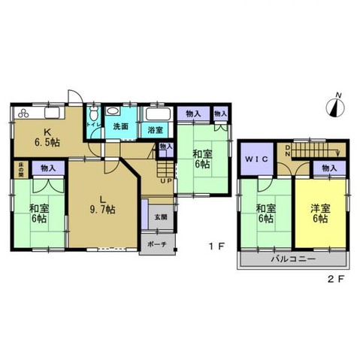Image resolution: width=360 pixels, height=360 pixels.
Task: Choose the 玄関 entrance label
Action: point(162,217)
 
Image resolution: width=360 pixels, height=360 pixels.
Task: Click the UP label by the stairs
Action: point(164,181)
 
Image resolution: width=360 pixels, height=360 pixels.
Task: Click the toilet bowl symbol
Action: point(92,113)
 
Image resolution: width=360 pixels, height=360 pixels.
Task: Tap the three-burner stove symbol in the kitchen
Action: point(22,113)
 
